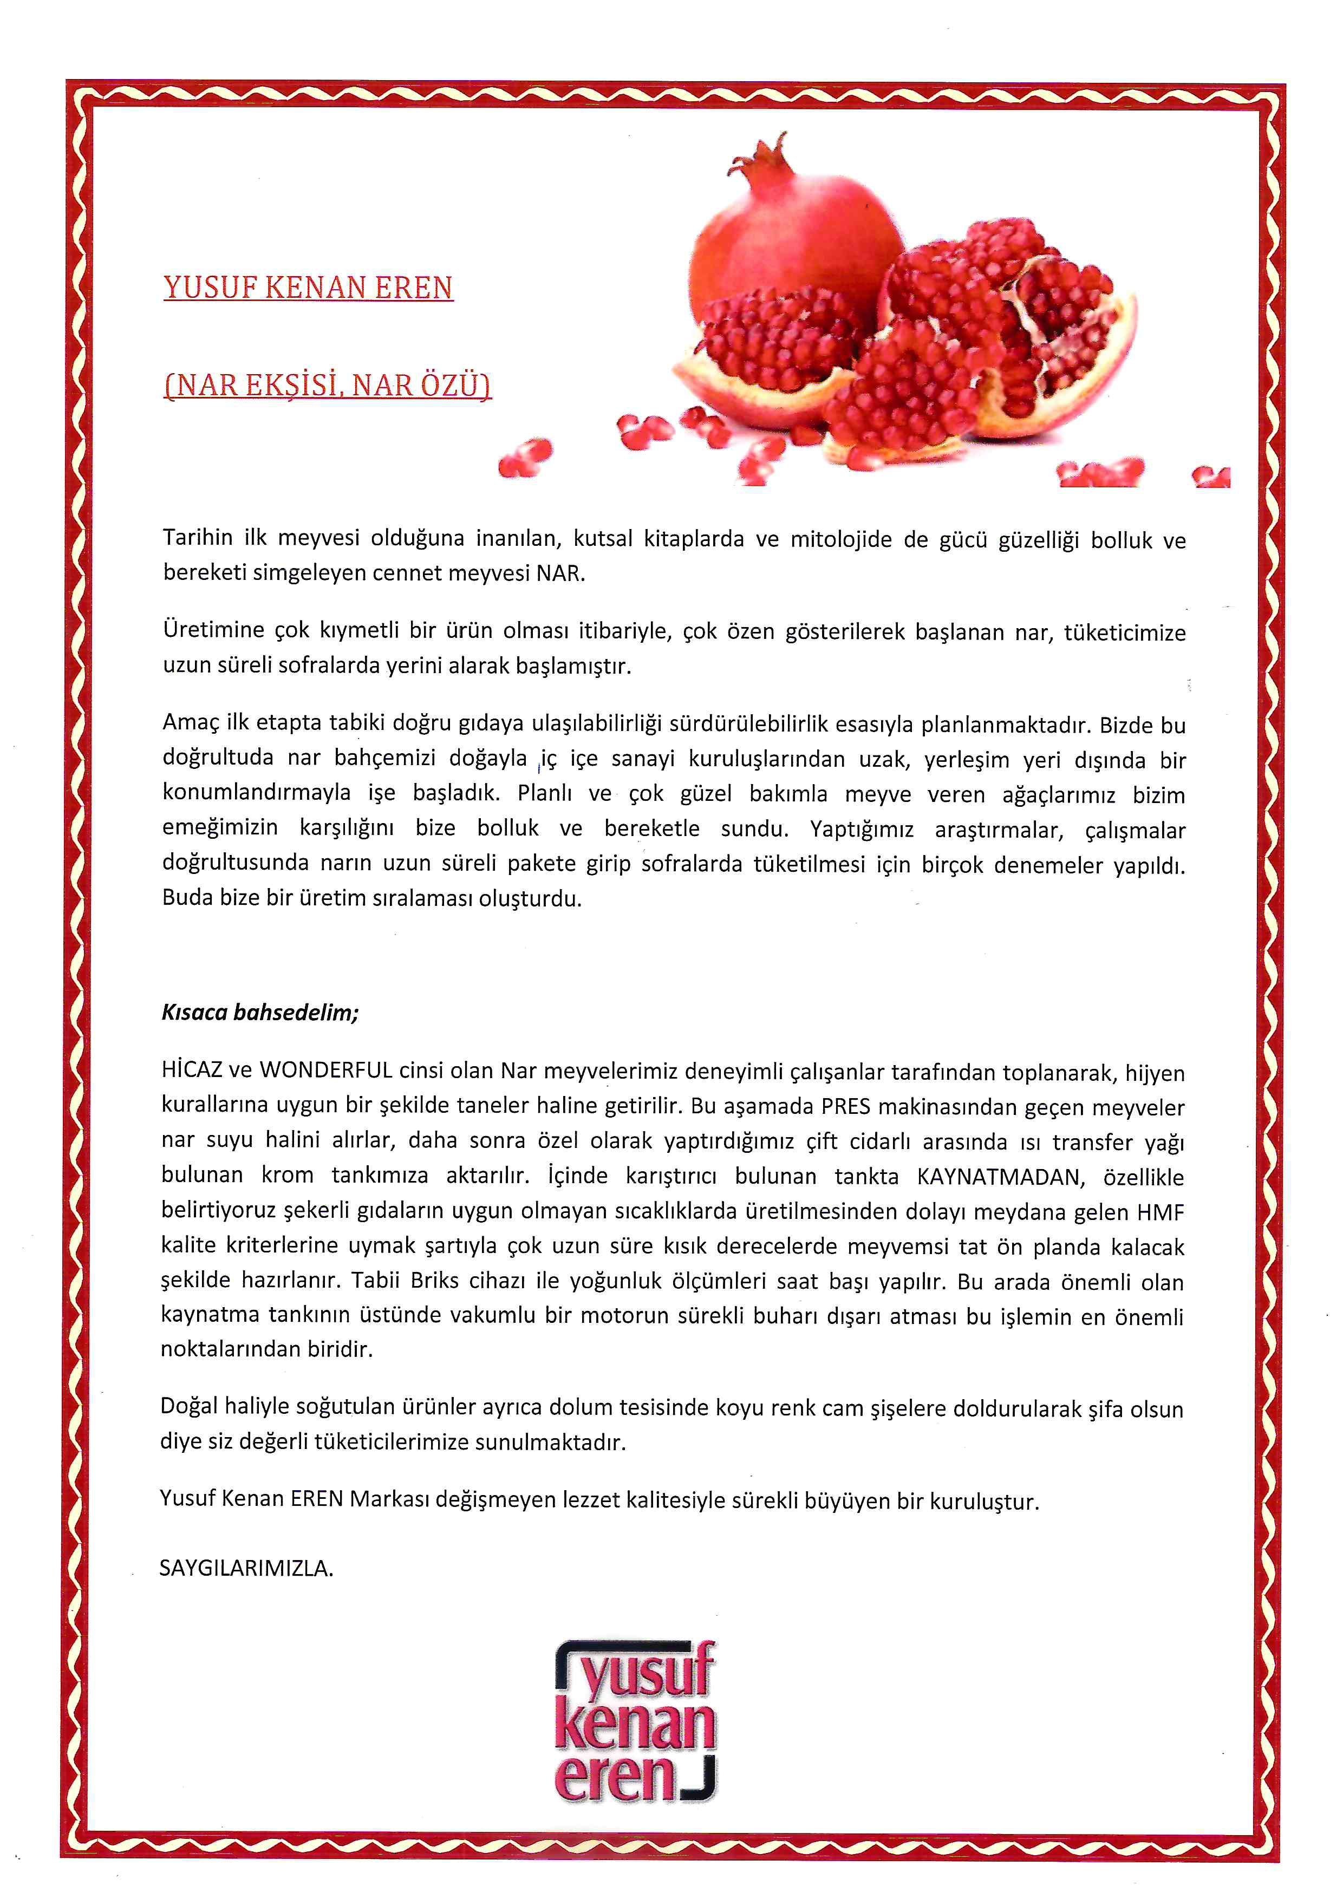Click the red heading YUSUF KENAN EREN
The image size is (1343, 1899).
pyautogui.click(x=309, y=288)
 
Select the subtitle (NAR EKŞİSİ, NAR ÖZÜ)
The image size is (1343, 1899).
pyautogui.click(x=328, y=386)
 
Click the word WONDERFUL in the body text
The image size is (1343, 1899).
pyautogui.click(x=326, y=1071)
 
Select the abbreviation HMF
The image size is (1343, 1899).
pyautogui.click(x=1161, y=1212)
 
